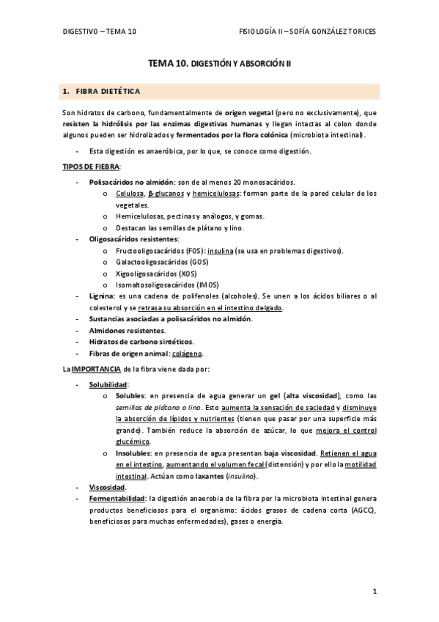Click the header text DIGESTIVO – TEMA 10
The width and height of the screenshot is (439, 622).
(x=99, y=32)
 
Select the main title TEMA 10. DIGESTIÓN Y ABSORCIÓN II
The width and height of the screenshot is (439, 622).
(x=219, y=65)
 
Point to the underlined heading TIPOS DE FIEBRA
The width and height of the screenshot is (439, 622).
(x=91, y=167)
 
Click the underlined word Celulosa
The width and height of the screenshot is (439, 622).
(x=129, y=193)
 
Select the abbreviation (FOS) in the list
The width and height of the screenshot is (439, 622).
(x=193, y=251)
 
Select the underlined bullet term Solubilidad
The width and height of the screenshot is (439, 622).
(x=108, y=384)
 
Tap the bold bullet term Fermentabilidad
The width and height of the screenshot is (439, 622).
(x=117, y=498)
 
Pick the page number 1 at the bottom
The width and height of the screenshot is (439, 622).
(x=374, y=591)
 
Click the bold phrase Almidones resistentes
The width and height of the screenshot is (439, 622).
(x=126, y=330)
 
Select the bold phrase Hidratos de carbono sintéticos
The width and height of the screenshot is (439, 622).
(x=141, y=342)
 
